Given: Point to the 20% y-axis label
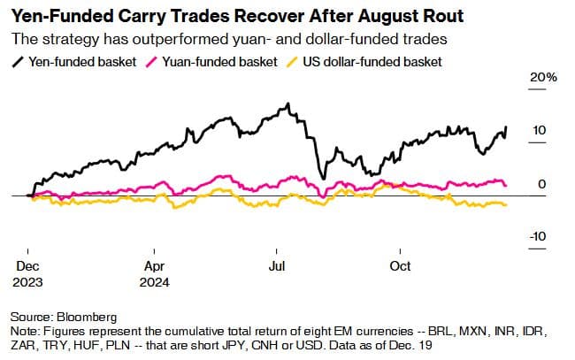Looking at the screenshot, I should (543, 78).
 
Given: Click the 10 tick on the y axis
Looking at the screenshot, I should (538, 130).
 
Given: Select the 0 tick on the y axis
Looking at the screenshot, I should (541, 183).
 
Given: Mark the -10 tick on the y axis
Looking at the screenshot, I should (536, 236).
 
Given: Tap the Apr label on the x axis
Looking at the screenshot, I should (153, 266).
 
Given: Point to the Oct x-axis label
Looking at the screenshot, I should (401, 266).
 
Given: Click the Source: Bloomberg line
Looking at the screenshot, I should (64, 316).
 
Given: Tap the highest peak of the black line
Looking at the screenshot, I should (287, 104).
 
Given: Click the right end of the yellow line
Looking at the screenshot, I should (506, 205).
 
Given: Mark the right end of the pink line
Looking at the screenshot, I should (506, 184).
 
